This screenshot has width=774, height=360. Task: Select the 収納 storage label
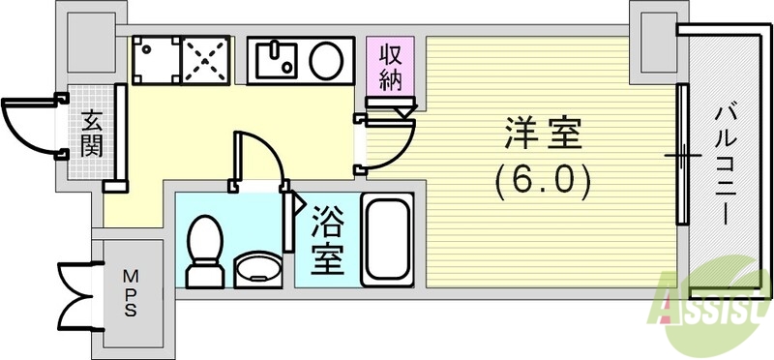(390, 67)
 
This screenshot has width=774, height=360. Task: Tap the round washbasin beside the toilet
(256, 267)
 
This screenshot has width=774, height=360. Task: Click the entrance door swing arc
(29, 127)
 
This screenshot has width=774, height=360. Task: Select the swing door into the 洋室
(388, 140)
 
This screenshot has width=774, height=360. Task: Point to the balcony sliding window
(683, 155)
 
